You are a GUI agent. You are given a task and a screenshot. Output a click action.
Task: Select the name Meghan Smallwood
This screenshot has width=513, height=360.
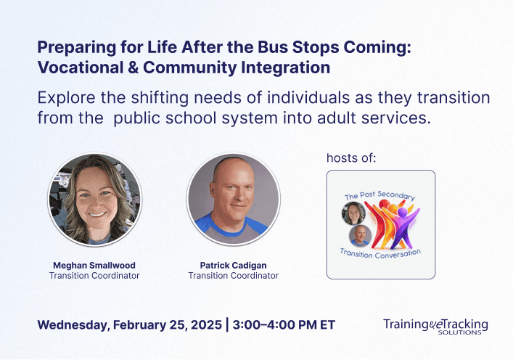click(x=94, y=265)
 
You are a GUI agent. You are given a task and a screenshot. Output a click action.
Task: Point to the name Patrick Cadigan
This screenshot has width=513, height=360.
click(x=233, y=265)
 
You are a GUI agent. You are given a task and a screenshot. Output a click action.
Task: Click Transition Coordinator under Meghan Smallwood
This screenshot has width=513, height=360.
click(x=94, y=276)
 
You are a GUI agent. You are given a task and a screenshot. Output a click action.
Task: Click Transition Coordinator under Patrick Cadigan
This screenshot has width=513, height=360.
click(x=233, y=276)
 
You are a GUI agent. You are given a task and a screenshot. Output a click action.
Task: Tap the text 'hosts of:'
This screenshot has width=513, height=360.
click(x=352, y=157)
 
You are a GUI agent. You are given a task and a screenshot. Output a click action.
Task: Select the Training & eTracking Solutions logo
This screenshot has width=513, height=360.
click(x=435, y=326)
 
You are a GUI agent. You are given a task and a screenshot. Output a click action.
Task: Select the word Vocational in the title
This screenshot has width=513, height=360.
click(x=75, y=68)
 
